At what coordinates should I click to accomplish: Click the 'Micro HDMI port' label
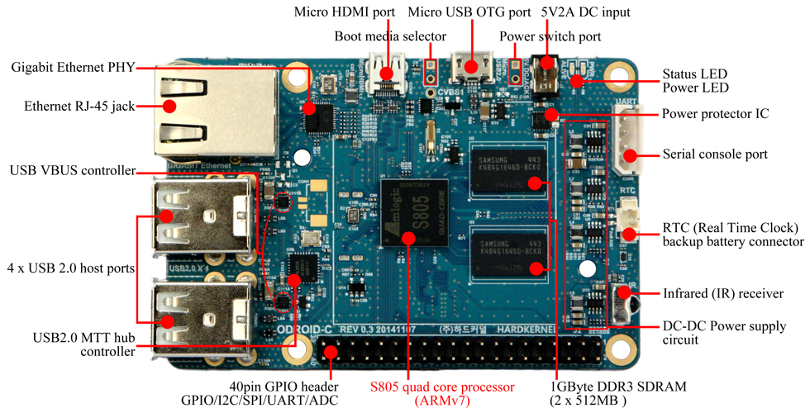[345, 13]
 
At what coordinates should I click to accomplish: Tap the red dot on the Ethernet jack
[170, 106]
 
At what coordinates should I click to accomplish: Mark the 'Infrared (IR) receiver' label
[723, 294]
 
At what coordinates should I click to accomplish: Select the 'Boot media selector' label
[390, 37]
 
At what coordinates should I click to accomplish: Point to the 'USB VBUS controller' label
[72, 171]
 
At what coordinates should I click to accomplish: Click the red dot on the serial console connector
[630, 154]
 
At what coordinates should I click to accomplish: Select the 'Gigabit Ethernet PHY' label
[73, 66]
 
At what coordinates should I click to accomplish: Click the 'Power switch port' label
[550, 37]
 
